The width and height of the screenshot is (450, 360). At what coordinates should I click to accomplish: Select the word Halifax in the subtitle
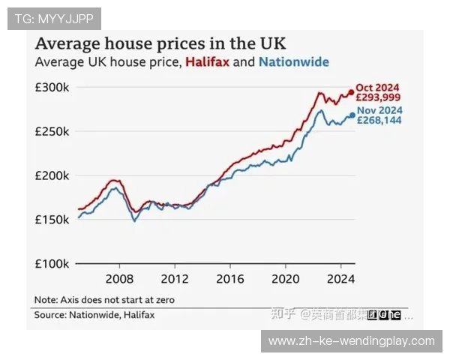click(207, 62)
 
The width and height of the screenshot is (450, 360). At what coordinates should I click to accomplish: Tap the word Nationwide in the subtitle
click(294, 62)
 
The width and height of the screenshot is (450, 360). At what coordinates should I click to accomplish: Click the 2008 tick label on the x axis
click(118, 278)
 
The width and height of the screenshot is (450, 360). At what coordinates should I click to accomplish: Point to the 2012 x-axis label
click(174, 278)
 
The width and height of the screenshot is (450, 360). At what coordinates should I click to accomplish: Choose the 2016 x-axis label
click(229, 278)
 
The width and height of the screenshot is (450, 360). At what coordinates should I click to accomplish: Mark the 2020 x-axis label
click(285, 278)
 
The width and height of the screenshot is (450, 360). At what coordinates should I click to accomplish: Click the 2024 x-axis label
click(340, 278)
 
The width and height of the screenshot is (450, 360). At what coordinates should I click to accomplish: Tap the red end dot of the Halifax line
click(351, 93)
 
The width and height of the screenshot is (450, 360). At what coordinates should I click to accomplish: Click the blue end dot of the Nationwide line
click(352, 115)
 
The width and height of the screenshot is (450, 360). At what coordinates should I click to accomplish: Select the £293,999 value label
click(379, 97)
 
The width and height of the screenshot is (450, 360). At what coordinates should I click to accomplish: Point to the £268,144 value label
click(379, 120)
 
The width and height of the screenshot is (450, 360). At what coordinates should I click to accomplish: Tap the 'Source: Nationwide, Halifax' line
click(94, 315)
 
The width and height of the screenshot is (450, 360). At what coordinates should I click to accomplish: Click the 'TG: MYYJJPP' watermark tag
click(53, 18)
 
